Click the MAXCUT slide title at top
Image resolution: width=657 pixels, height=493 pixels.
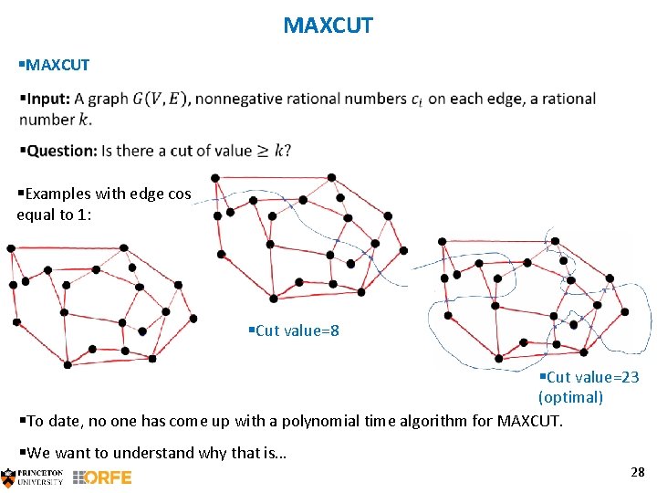[328, 26]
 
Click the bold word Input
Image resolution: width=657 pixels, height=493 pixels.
[48, 100]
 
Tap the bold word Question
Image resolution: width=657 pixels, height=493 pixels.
[62, 151]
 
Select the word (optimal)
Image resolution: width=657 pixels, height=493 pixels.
[570, 397]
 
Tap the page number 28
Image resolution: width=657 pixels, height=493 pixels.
[637, 472]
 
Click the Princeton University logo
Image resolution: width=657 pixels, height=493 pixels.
[33, 477]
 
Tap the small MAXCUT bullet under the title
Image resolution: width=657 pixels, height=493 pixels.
[57, 65]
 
